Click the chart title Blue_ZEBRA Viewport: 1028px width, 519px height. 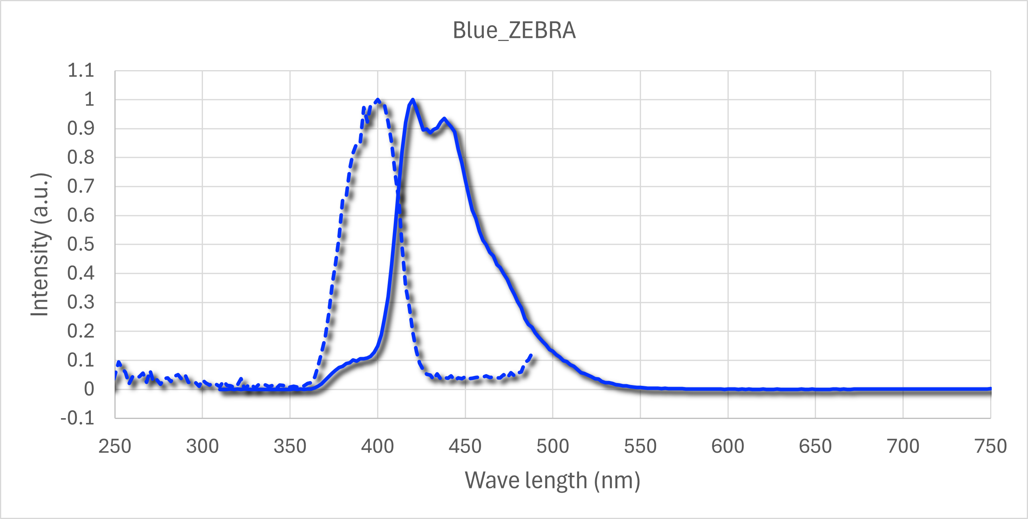[514, 30]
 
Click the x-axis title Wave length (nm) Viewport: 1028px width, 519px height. [552, 480]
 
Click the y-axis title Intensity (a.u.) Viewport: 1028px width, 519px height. [40, 245]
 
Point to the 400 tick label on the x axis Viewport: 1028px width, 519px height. [377, 446]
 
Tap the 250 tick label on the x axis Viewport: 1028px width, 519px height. [115, 446]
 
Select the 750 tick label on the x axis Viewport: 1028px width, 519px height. [990, 446]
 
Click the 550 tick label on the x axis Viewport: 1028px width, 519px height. [640, 446]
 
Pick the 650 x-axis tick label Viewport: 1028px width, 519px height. [815, 446]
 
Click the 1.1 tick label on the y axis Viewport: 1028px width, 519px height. [81, 71]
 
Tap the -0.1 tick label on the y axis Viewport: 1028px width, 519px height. [77, 419]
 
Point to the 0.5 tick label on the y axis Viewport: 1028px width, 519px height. [81, 244]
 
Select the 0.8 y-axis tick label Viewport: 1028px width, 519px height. [81, 157]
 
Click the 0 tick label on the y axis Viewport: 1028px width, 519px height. [89, 389]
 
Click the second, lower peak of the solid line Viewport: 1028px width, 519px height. [444, 118]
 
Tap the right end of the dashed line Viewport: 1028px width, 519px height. [531, 354]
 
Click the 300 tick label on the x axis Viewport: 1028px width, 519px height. [202, 446]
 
